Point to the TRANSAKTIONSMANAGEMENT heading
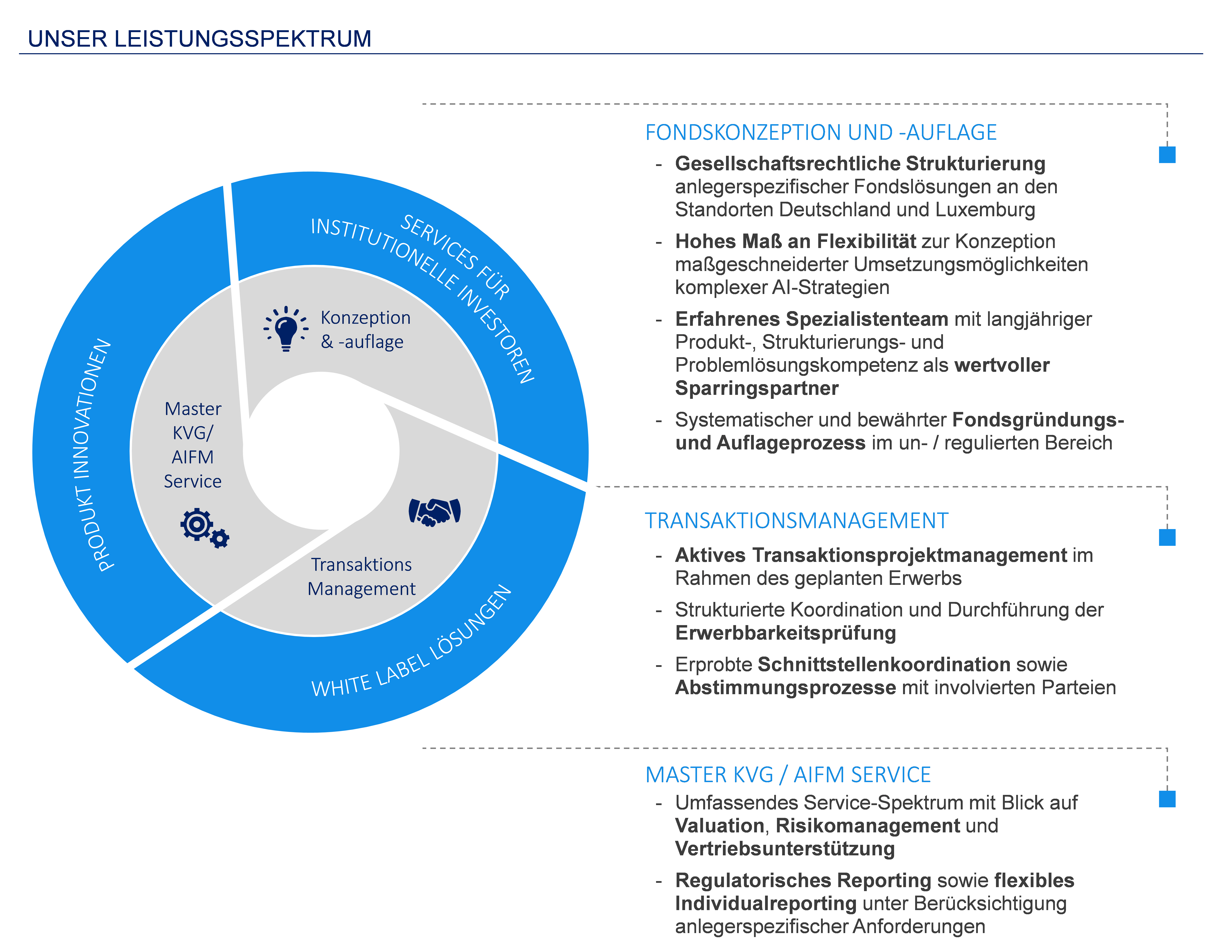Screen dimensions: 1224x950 click(x=796, y=521)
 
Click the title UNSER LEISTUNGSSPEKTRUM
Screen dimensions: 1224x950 click(x=200, y=39)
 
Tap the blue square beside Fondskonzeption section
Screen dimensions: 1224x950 click(x=1167, y=155)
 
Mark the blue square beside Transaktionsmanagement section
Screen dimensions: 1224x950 click(x=1167, y=537)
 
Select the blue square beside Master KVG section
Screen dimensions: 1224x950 click(x=1167, y=799)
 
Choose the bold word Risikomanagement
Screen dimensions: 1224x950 click(x=868, y=826)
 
